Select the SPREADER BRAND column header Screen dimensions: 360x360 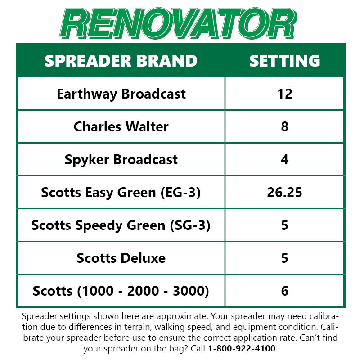121,61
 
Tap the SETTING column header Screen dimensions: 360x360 284,61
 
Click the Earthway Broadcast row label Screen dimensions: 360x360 121,94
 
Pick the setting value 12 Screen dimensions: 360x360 284,94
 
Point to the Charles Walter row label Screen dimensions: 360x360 121,126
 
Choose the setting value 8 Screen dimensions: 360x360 284,126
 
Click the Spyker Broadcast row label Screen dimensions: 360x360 121,159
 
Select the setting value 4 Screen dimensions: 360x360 284,159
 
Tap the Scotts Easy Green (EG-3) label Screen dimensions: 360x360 121,192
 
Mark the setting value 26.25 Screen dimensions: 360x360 284,192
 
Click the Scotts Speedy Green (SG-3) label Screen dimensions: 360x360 121,225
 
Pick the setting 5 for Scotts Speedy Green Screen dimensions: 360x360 284,225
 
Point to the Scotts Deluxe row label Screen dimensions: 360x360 121,258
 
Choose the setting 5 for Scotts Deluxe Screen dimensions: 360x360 284,258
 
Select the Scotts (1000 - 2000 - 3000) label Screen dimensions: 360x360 121,291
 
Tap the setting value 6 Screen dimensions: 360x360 284,291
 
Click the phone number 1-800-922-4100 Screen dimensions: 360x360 242,348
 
